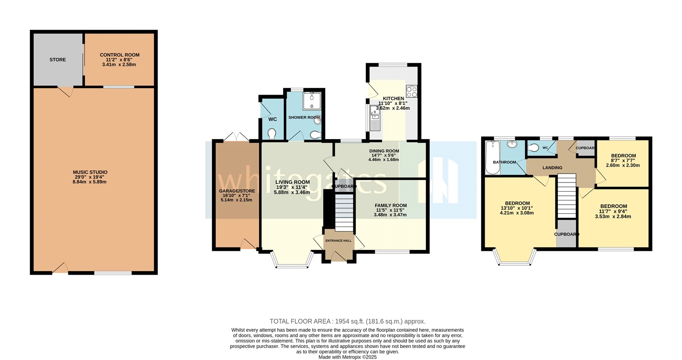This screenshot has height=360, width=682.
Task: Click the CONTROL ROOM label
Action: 119,55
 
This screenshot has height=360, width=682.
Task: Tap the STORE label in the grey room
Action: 58,60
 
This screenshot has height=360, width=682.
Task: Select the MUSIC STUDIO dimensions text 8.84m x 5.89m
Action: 90,182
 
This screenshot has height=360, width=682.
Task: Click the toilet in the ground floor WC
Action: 272,134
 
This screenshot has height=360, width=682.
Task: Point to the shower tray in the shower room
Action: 312,101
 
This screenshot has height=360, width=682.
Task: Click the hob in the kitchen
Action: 411,91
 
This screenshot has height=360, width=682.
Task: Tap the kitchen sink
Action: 375,113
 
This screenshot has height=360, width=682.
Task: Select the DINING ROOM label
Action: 384,151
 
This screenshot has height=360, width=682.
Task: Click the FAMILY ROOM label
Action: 390,206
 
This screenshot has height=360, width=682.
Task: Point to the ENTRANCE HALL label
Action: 338,241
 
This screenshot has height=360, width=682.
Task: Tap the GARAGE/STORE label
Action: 237,191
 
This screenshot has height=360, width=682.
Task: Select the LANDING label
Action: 552,168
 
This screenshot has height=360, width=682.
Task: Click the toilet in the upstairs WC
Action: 534,148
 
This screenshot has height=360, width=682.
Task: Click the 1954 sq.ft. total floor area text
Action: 347,322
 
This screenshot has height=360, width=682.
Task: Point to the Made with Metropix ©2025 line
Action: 347,357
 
